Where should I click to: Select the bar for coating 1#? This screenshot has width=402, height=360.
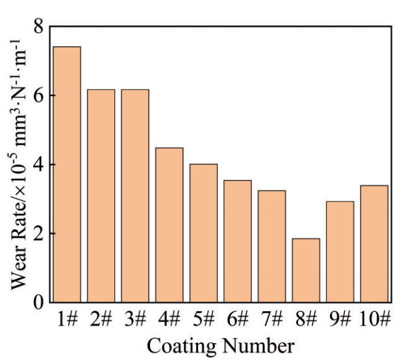click(67, 174)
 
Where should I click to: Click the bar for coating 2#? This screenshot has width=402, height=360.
click(101, 196)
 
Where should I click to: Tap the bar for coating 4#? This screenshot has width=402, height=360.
click(169, 225)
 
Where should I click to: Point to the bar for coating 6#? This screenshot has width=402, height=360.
click(238, 241)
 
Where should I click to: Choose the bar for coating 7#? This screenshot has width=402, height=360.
click(271, 246)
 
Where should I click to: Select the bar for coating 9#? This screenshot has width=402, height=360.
click(340, 251)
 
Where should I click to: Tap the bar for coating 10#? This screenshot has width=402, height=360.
click(374, 244)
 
